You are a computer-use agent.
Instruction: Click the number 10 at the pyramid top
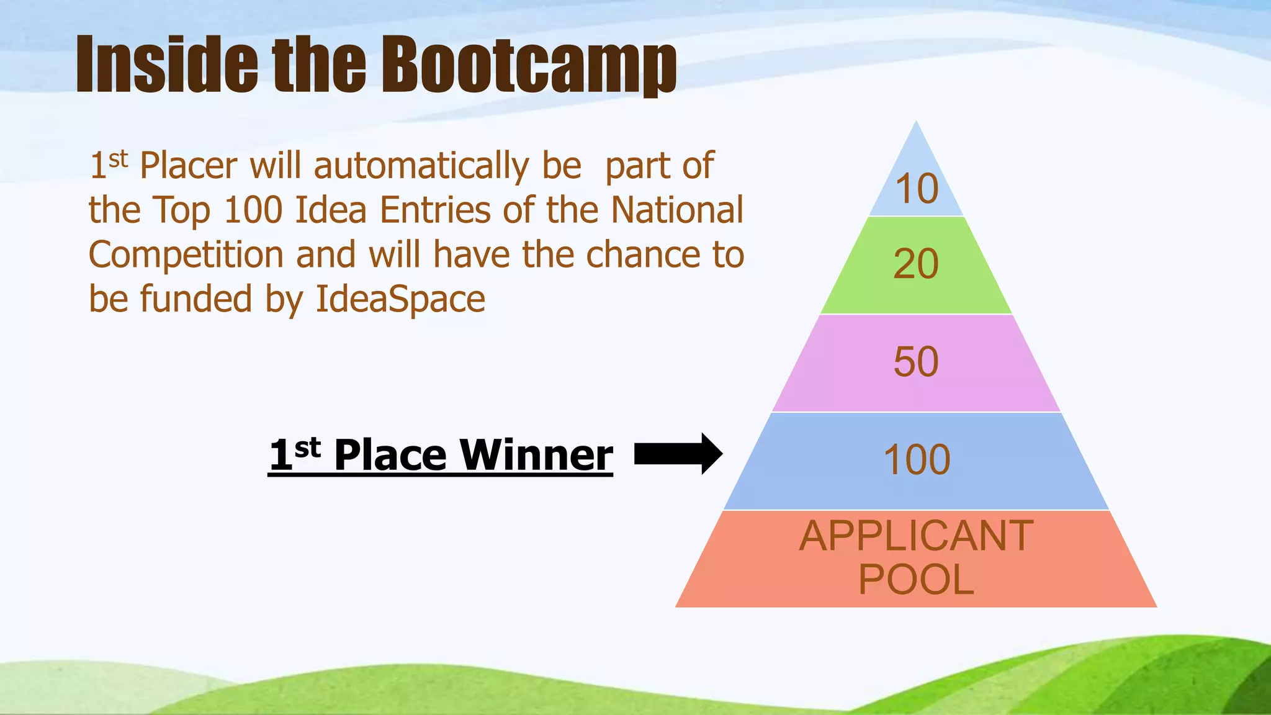click(916, 189)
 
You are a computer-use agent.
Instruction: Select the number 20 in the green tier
click(916, 264)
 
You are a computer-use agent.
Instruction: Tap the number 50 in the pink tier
click(916, 362)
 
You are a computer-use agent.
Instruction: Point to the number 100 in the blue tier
click(917, 460)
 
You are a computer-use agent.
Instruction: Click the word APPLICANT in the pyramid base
click(916, 536)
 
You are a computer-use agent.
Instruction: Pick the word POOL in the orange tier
click(916, 580)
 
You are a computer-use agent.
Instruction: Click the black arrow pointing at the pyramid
click(678, 454)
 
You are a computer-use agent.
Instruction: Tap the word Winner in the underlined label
click(536, 455)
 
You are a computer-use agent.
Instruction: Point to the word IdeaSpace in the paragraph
click(400, 299)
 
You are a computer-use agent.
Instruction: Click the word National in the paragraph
click(677, 210)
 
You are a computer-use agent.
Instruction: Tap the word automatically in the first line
click(421, 166)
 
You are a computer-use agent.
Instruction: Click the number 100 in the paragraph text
click(253, 210)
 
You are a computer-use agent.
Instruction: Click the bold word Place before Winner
click(390, 455)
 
